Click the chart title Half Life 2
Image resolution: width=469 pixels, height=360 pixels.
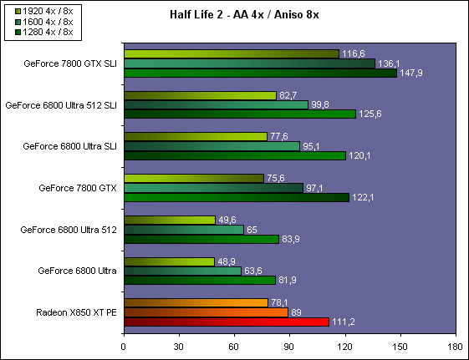pos(196,14)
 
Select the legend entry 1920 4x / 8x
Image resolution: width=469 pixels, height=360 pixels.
pos(44,12)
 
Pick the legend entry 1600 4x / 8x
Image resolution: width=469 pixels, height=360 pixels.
pos(44,22)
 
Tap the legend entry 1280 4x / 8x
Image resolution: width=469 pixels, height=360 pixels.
pos(44,32)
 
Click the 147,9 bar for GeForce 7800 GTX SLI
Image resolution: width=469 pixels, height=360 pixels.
pos(261,74)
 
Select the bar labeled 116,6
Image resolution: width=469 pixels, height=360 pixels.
pos(232,53)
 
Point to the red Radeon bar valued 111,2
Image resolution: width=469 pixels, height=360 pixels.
pos(227,322)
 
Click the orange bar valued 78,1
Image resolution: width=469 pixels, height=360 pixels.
pos(196,303)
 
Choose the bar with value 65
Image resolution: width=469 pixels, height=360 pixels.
pos(184,230)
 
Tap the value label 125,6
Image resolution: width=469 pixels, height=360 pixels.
pos(370,114)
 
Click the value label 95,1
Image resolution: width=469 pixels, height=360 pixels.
pos(311,146)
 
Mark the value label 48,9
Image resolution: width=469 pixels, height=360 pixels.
pos(227,261)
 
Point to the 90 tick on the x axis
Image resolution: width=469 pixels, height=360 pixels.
pos(289,335)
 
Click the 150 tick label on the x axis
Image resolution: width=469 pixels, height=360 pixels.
pos(400,347)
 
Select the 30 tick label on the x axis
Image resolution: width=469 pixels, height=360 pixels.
pos(179,347)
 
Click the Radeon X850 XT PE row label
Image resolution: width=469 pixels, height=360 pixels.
pos(76,312)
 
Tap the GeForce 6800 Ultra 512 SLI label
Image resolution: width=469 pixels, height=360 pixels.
pos(61,105)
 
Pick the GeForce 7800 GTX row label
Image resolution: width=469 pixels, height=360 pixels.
pos(78,188)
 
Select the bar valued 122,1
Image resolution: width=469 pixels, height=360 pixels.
pos(237,197)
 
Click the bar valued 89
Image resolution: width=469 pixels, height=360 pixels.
pos(206,312)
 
